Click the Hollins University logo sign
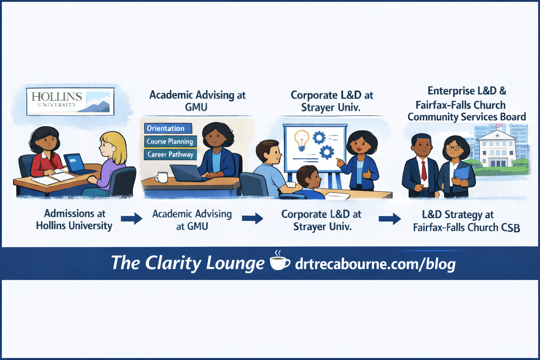point(70,101)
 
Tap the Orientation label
point(168,128)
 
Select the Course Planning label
point(170,141)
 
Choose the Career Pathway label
point(170,154)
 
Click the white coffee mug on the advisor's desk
point(162,177)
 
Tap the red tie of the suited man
point(424,170)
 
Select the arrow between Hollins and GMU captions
point(131,219)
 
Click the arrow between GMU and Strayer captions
point(252,218)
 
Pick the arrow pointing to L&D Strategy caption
point(390,219)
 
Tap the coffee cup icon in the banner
point(279,262)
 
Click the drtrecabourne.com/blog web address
point(375,264)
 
